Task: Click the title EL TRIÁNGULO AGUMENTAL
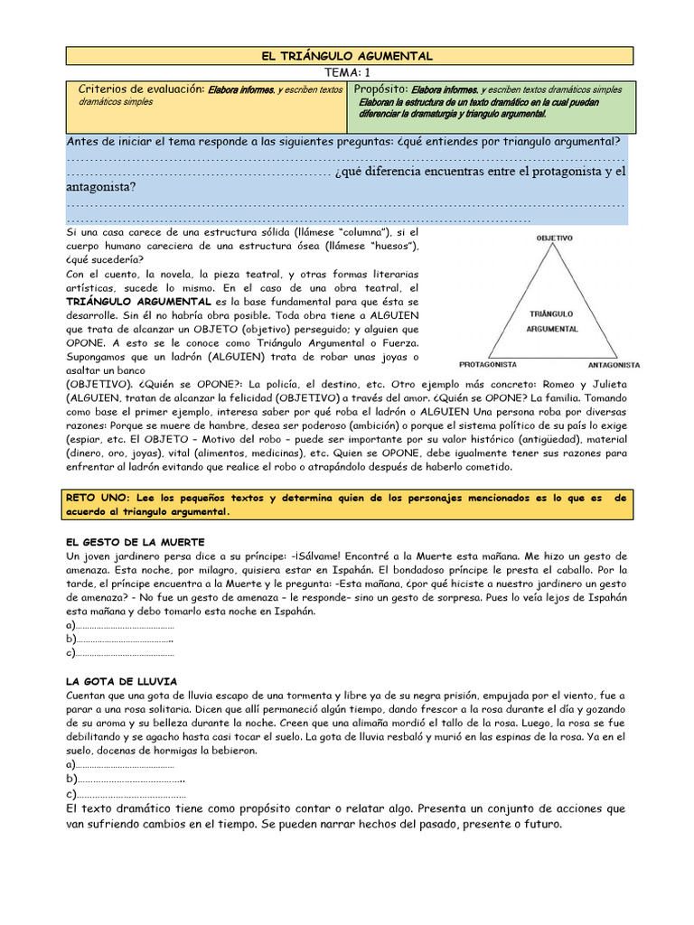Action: pyautogui.click(x=348, y=56)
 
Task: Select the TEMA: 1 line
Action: pyautogui.click(x=348, y=72)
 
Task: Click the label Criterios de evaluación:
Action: pyautogui.click(x=141, y=89)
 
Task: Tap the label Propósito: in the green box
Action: pyautogui.click(x=380, y=89)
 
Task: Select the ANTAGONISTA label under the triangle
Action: pyautogui.click(x=614, y=365)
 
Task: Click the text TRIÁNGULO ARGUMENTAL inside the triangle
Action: pyautogui.click(x=552, y=322)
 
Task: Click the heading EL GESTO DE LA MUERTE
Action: pyautogui.click(x=130, y=542)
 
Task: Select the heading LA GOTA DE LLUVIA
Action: pyautogui.click(x=121, y=680)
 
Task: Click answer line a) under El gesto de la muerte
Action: pyautogui.click(x=120, y=625)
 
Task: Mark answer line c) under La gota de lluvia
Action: pyautogui.click(x=126, y=793)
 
